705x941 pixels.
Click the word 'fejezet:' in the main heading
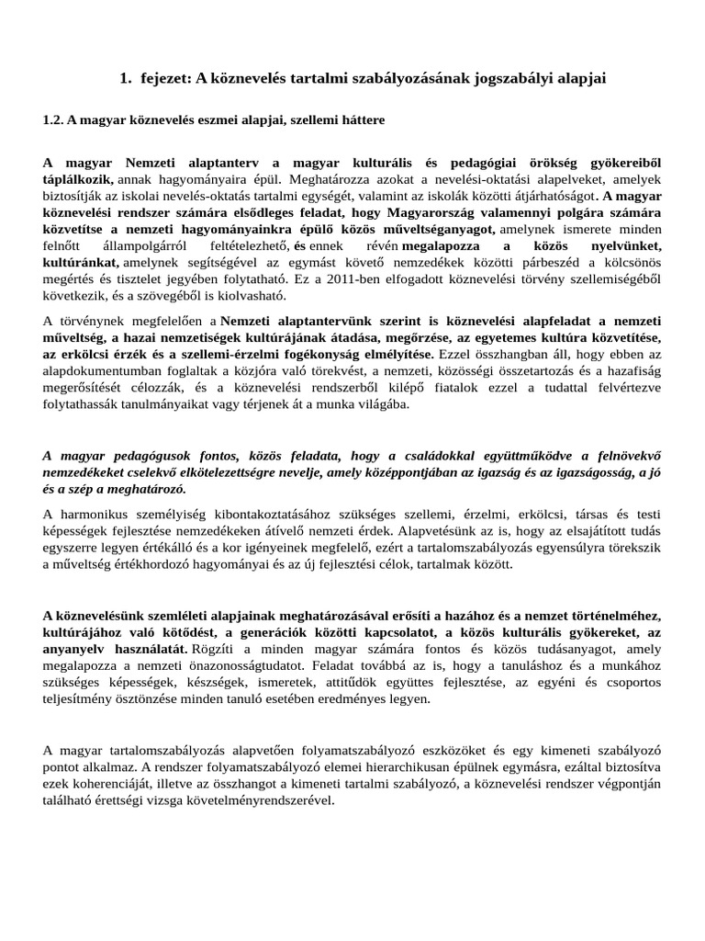[x=169, y=80]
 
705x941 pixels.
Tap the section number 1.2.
[x=56, y=120]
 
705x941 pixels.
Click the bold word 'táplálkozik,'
[x=78, y=181]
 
